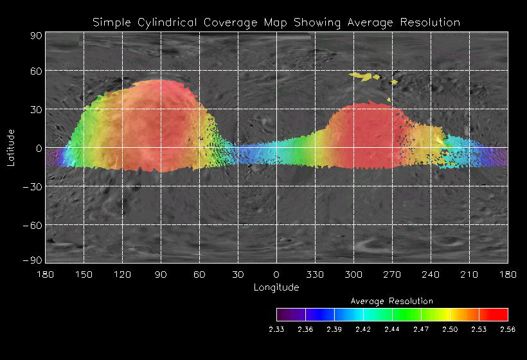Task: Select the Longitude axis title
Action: (276, 287)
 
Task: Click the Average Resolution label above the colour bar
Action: (392, 301)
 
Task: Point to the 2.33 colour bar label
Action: (276, 329)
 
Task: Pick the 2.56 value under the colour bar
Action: (508, 329)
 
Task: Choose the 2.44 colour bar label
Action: (392, 329)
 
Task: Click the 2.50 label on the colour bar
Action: (450, 329)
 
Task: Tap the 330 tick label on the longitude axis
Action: (315, 275)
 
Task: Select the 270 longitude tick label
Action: (392, 275)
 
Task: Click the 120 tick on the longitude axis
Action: (122, 275)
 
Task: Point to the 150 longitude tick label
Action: (84, 275)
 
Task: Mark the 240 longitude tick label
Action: (431, 275)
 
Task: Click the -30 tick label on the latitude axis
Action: (33, 186)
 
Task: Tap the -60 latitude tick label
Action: (33, 225)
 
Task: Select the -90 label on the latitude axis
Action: (33, 260)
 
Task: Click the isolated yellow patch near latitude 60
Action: (364, 76)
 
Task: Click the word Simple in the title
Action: (109, 22)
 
